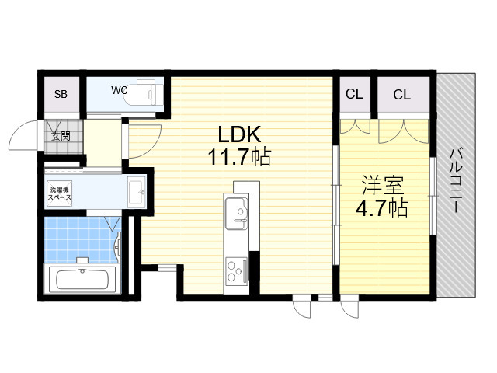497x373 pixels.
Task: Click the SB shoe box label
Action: tap(61, 94)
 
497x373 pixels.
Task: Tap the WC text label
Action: tap(119, 90)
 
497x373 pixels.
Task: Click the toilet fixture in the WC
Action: tap(144, 93)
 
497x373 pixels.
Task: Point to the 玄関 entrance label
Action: tap(61, 137)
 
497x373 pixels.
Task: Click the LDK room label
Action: tap(240, 134)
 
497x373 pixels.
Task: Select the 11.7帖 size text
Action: tap(239, 157)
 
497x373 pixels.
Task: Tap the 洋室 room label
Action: tap(383, 185)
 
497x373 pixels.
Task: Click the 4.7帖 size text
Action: tap(381, 207)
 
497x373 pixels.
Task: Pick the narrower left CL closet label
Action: tap(354, 94)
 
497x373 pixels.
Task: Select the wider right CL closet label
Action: tap(402, 95)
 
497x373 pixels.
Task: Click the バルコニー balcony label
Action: tap(455, 180)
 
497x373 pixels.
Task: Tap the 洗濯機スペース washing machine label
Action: tap(60, 193)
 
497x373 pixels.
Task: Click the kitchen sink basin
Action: tap(236, 213)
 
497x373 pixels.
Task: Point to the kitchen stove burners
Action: tap(236, 270)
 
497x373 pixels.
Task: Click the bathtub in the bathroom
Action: tap(82, 278)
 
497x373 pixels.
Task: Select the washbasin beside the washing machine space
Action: tap(137, 192)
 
